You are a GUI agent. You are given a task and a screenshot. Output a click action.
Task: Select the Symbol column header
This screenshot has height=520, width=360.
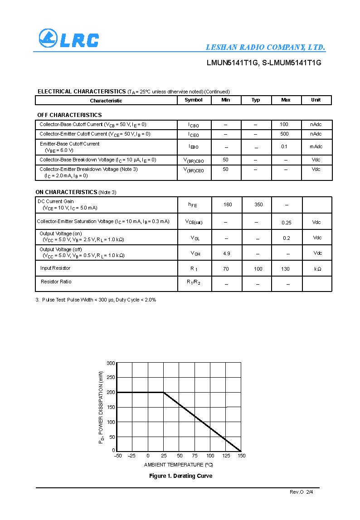coord(194,100)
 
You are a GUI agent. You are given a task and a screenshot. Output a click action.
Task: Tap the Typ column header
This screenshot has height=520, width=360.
coord(256,100)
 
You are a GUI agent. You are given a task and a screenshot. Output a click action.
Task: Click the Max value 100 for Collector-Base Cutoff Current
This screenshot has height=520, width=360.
coord(284,124)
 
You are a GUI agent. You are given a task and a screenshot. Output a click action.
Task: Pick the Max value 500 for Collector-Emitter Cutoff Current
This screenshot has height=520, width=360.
coord(284,134)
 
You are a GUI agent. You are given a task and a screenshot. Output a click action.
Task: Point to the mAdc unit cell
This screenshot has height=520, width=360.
coord(316,146)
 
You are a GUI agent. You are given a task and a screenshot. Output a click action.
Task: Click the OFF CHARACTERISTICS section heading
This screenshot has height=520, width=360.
coord(69,115)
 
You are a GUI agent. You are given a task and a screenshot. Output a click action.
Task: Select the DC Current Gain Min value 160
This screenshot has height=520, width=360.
coord(228,204)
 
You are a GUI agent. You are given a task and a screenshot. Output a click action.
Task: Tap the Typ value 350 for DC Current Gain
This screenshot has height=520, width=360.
coord(258,204)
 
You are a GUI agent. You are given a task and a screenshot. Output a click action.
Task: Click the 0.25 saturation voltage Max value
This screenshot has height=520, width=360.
coord(286,223)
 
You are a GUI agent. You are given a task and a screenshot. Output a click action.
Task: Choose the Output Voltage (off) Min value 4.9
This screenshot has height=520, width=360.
coord(227,253)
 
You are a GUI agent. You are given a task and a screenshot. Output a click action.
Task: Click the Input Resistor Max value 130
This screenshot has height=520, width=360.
coord(285,269)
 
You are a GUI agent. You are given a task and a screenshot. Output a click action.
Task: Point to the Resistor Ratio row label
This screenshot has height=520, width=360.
coord(56,282)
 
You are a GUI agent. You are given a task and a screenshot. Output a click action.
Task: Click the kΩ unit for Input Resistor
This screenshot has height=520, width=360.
coord(317,269)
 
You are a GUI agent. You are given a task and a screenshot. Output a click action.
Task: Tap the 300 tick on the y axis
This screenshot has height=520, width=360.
coord(111,363)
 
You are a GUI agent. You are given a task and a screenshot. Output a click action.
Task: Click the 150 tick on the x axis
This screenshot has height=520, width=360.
coord(241,456)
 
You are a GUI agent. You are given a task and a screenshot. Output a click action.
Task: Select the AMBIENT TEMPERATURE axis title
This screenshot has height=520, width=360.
coord(178,465)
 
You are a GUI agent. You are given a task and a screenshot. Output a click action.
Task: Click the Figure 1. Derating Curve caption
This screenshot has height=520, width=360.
coord(180,476)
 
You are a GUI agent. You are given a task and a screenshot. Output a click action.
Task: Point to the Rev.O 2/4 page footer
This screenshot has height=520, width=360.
coord(301,492)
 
